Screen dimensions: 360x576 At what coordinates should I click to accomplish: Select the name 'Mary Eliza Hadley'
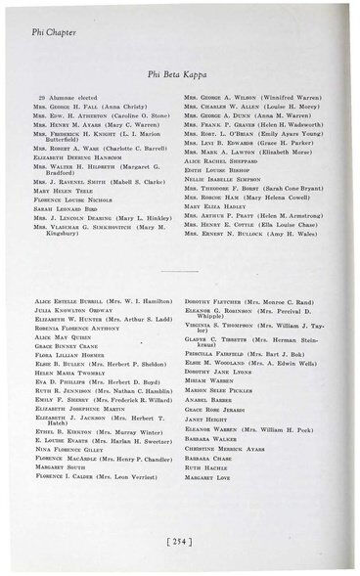[x=218, y=219]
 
